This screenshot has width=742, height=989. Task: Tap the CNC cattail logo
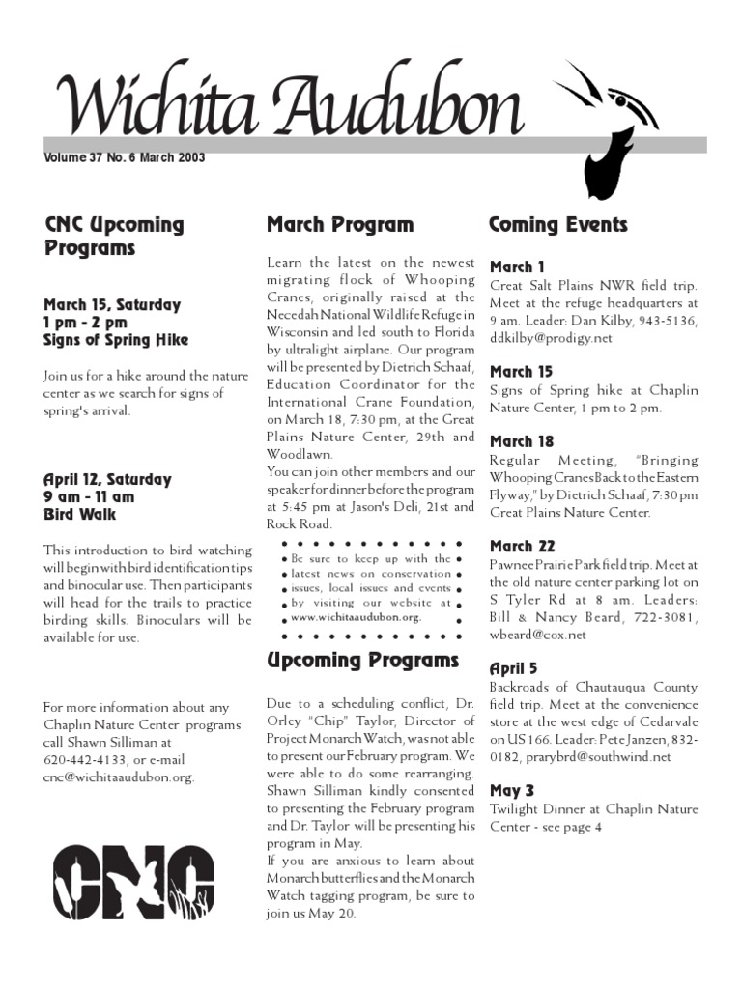coord(132,881)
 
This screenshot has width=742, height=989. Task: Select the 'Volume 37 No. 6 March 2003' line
coord(125,158)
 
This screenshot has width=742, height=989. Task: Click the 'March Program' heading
coord(339,225)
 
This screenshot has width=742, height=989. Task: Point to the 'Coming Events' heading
coord(557,225)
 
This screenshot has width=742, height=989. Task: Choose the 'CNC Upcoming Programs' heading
coord(114,237)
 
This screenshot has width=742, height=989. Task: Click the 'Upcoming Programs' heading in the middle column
coord(362,661)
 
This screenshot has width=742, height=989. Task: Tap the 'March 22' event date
coord(522,547)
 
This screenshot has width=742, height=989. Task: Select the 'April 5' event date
coord(514,668)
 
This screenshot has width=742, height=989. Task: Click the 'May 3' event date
coord(511,791)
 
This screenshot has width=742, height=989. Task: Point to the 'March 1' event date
coord(517,267)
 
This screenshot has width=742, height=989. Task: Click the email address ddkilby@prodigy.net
coord(551,338)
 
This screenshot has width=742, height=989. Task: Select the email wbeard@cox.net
coord(537,635)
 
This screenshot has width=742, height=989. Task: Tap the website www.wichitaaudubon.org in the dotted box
coord(356,617)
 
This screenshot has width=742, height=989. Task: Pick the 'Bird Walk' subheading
coord(79,515)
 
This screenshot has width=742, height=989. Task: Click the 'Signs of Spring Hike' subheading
coord(116,340)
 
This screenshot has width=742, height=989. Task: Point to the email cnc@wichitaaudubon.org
coord(118,777)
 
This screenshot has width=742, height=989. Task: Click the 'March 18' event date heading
coord(522,441)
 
